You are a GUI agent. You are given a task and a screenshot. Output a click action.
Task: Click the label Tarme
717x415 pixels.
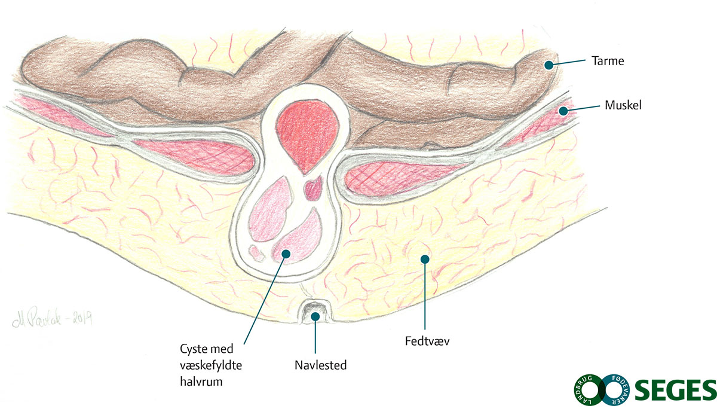click(x=608, y=60)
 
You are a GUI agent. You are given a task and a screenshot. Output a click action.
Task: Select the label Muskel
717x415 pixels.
click(x=623, y=105)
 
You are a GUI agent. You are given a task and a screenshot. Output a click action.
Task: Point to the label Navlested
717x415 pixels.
click(x=320, y=364)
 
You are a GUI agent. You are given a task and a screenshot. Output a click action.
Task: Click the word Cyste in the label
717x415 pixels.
click(x=193, y=349)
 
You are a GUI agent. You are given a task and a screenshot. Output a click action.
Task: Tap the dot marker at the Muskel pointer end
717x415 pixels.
click(x=562, y=110)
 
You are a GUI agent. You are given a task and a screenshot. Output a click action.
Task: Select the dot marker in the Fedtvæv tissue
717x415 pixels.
click(x=425, y=259)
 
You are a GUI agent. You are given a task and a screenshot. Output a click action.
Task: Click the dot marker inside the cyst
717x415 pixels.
click(x=286, y=254)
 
